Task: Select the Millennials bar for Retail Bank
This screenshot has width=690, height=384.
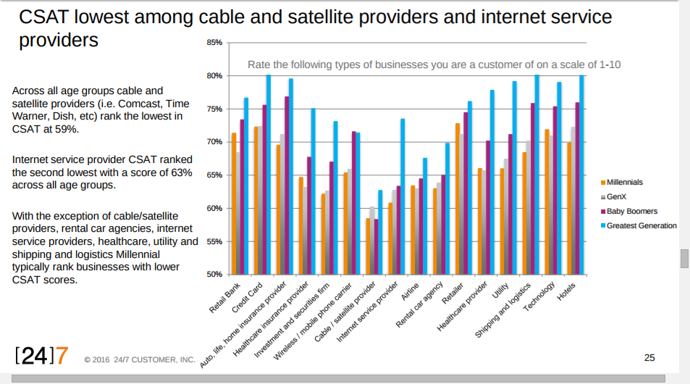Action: click(x=234, y=203)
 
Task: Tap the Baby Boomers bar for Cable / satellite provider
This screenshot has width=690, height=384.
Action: click(x=376, y=246)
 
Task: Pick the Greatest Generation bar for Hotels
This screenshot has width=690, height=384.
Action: click(x=581, y=174)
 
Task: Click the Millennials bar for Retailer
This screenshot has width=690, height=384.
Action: click(x=458, y=199)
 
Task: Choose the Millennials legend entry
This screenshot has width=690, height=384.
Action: click(x=624, y=183)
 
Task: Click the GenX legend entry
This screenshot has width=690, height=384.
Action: click(x=616, y=197)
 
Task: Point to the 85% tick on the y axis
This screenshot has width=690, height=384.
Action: click(x=214, y=43)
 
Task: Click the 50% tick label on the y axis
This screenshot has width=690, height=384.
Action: click(x=214, y=275)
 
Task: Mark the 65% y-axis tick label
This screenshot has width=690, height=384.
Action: click(x=214, y=175)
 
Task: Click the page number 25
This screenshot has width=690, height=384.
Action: click(x=649, y=357)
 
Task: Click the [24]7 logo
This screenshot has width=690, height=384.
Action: click(x=42, y=355)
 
